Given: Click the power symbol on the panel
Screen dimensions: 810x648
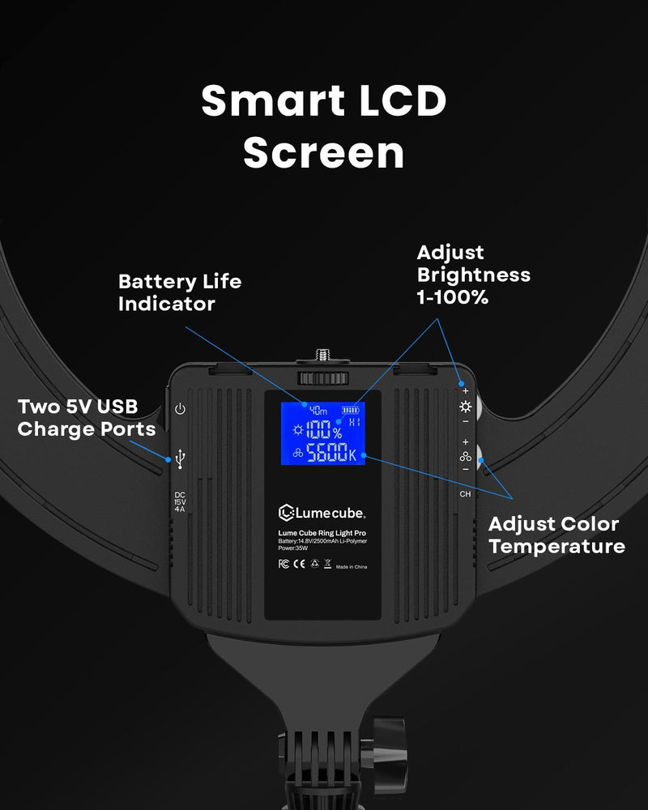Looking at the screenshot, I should click(180, 409).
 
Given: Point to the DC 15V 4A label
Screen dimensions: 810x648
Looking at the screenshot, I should click(180, 503).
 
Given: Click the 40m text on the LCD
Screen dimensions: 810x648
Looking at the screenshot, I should click(318, 411).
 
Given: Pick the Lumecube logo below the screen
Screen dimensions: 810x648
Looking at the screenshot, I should click(322, 512).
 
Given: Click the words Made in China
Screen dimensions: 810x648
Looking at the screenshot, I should click(350, 566).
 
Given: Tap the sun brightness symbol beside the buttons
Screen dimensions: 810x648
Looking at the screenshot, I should click(465, 407).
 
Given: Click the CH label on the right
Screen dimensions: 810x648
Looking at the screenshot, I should click(465, 493).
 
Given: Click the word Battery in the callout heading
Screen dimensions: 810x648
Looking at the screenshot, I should click(156, 282).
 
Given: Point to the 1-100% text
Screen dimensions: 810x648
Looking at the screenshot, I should click(453, 297).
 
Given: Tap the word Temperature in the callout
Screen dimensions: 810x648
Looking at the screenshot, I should click(556, 546).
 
